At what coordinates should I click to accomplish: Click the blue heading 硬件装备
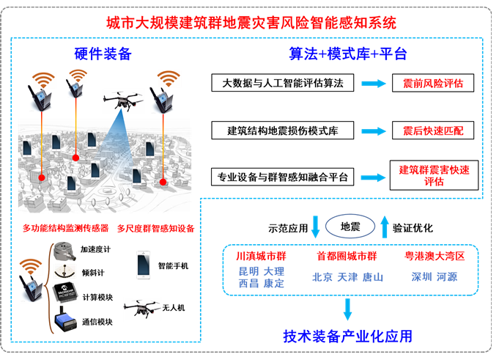[103, 54]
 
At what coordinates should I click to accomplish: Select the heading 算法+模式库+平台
[347, 54]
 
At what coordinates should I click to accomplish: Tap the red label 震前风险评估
[433, 84]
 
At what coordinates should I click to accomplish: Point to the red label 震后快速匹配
[433, 131]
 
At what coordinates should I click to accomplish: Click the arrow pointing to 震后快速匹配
[373, 131]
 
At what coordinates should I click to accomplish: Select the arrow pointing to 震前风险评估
[373, 84]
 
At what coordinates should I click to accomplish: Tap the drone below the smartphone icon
[142, 308]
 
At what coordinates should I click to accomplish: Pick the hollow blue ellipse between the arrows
[350, 225]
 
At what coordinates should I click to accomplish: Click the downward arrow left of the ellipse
[316, 226]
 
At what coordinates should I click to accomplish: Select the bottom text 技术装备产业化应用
[347, 337]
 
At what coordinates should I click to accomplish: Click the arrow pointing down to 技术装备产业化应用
[347, 309]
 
